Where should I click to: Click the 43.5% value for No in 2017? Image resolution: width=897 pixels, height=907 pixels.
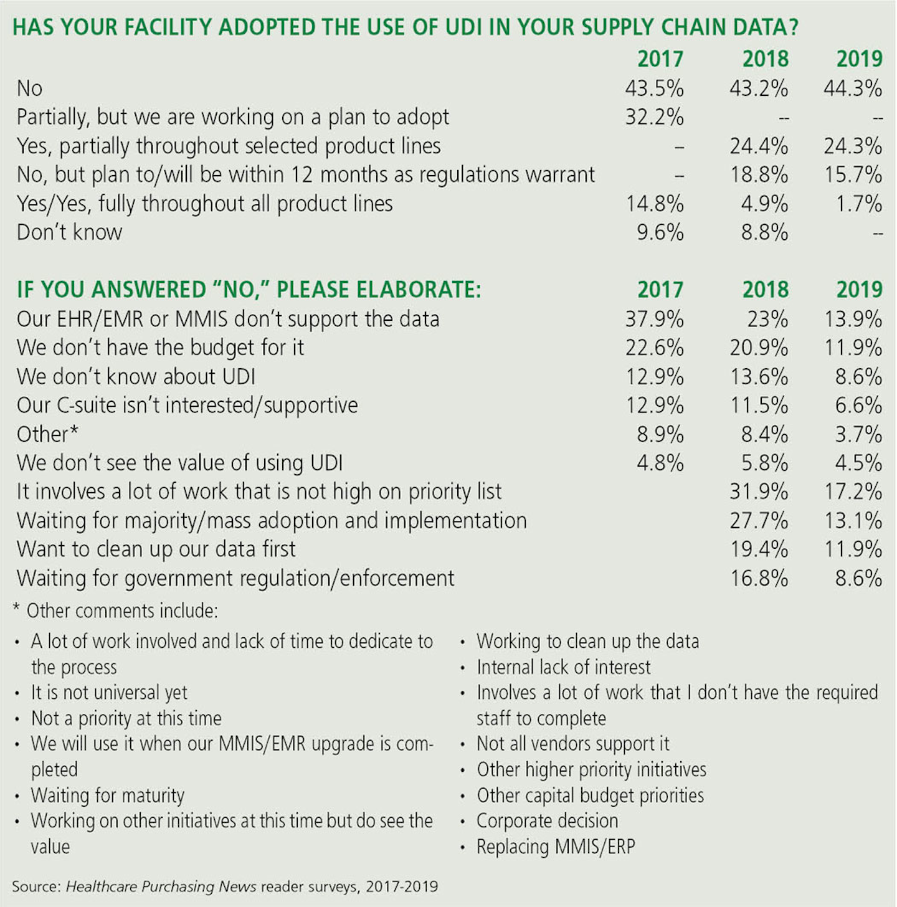[x=654, y=88]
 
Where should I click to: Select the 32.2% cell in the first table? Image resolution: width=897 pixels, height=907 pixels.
[x=654, y=117]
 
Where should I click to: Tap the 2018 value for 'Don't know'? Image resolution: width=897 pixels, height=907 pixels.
[x=764, y=232]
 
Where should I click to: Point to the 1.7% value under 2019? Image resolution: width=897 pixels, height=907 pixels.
[x=859, y=204]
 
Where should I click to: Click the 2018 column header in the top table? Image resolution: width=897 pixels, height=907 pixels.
[x=765, y=59]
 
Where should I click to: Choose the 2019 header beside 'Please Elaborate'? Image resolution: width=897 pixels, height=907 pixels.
[x=859, y=290]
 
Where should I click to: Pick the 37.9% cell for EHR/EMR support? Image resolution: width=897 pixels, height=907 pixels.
[x=654, y=319]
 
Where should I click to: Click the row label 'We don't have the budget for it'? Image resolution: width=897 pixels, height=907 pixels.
[x=160, y=348]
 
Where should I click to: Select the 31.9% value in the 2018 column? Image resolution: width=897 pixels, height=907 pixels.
[x=759, y=491]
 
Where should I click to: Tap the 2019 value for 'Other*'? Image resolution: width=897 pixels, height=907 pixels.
[x=859, y=434]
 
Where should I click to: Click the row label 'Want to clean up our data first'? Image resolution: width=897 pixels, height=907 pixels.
[x=156, y=549]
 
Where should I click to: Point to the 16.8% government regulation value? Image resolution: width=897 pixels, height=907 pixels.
[x=759, y=578]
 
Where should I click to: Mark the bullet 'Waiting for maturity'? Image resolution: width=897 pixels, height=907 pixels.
[x=108, y=795]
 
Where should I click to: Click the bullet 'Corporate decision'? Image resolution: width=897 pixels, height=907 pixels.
[x=547, y=821]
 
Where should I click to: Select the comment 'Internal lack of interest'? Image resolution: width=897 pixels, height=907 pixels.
[x=563, y=667]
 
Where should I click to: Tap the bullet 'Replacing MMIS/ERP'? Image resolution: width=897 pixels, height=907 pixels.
[x=555, y=847]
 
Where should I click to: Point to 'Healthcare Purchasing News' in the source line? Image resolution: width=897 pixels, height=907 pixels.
[x=161, y=886]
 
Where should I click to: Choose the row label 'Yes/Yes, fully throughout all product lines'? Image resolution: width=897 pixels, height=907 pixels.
[x=204, y=204]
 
